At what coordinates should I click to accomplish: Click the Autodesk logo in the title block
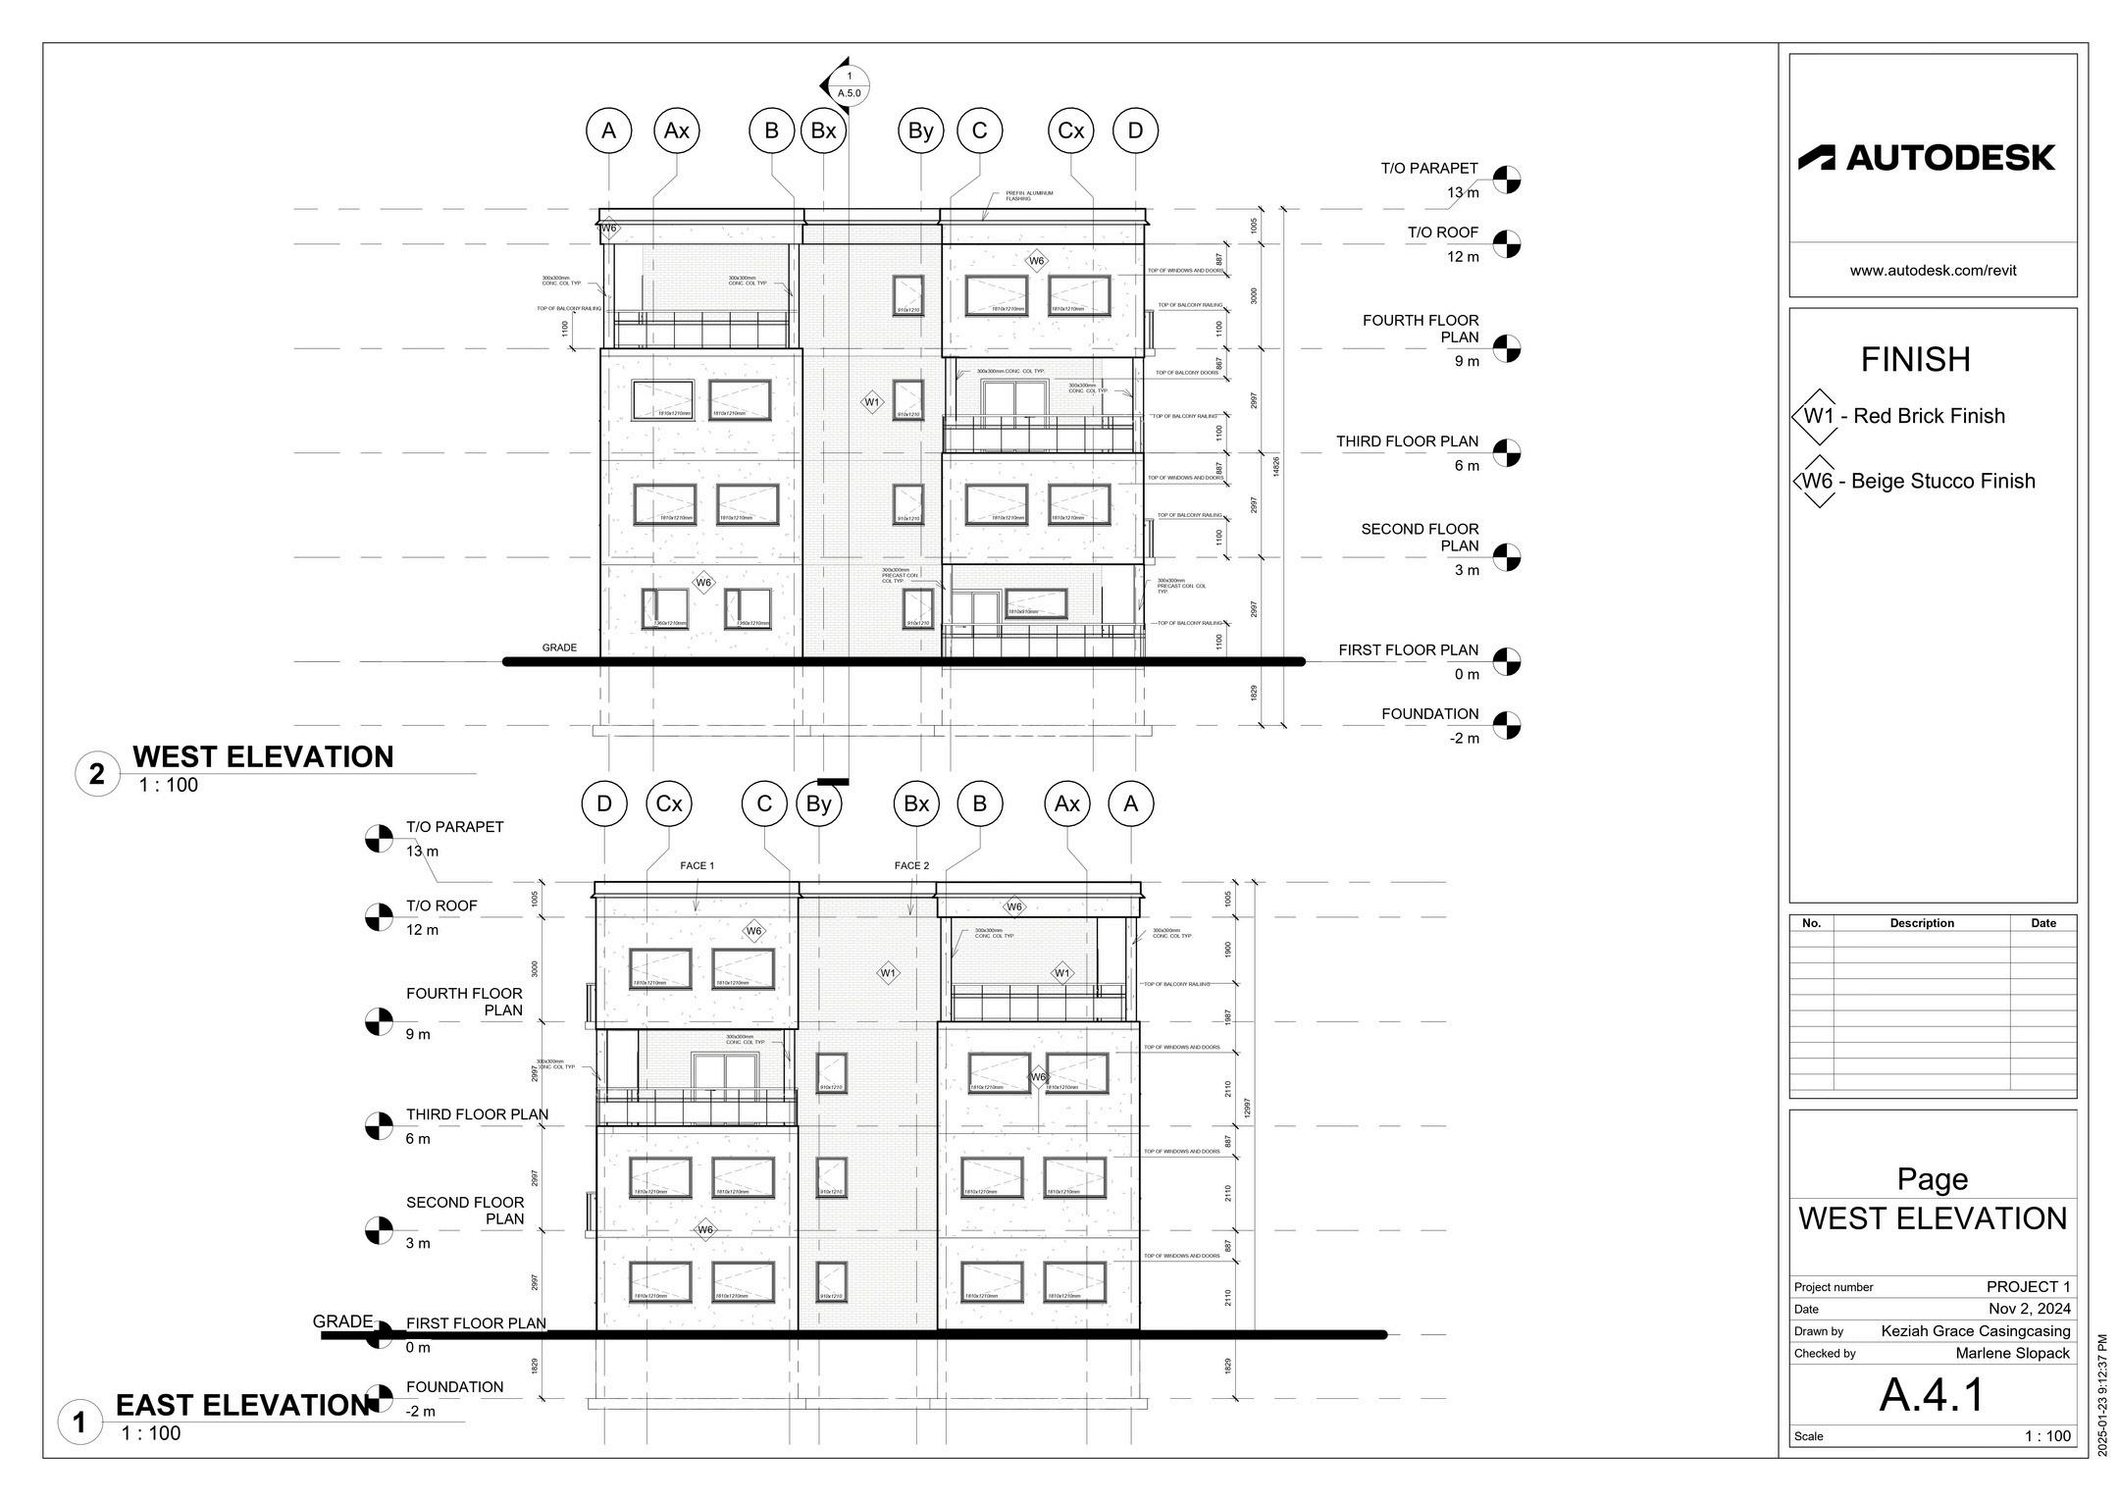(1925, 158)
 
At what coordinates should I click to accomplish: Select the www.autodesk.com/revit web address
(1933, 271)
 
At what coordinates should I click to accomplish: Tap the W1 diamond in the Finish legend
(1818, 416)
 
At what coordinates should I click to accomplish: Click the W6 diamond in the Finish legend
(1818, 482)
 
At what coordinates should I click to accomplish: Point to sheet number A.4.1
(1932, 1394)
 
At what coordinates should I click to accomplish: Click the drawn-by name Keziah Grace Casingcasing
(1975, 1331)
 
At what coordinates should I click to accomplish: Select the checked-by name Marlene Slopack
(2012, 1353)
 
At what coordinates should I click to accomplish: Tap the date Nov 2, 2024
(2029, 1309)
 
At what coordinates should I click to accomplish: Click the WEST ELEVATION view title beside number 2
(263, 756)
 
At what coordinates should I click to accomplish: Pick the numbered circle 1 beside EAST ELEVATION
(80, 1423)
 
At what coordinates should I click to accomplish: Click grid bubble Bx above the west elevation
(823, 130)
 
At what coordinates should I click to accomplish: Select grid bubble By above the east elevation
(818, 804)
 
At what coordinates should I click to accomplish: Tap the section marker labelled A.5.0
(848, 85)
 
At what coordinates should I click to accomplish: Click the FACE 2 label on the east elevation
(911, 865)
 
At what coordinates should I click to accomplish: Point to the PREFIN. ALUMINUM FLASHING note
(1029, 196)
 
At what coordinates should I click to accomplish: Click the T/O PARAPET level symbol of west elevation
(1506, 180)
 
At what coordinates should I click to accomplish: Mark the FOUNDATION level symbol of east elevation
(379, 1398)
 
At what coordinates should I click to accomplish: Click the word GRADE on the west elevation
(559, 647)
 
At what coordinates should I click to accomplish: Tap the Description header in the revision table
(1922, 923)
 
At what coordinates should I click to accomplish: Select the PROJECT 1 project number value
(2028, 1286)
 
